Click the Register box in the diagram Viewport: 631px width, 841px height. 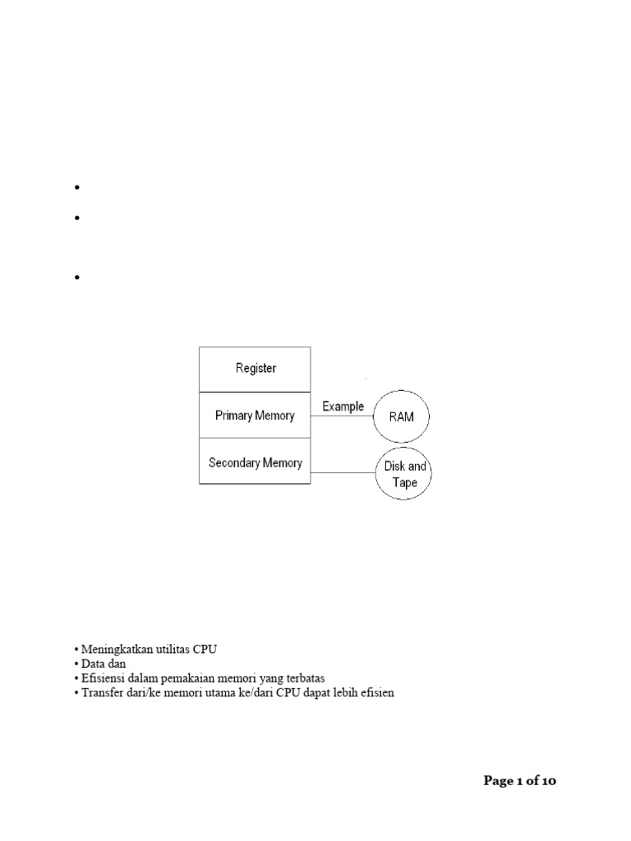point(256,369)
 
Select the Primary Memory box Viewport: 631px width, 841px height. point(255,416)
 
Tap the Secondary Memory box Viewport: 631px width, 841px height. point(255,462)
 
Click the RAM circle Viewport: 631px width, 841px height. point(402,417)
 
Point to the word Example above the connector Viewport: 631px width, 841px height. point(343,406)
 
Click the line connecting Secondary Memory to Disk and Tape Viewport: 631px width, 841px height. point(343,472)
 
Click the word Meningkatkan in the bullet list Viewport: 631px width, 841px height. point(115,649)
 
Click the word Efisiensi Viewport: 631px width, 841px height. point(104,678)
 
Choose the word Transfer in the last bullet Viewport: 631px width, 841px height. point(101,693)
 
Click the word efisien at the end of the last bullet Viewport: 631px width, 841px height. point(376,693)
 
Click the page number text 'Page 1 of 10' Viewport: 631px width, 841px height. point(519,781)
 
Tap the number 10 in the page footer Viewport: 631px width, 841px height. point(547,781)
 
